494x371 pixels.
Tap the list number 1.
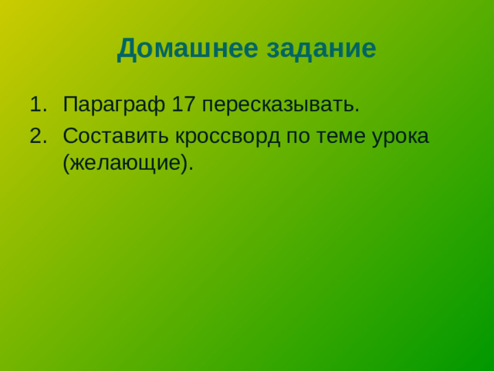pos(36,104)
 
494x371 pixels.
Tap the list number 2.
pos(36,135)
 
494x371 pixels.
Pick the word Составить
pos(114,135)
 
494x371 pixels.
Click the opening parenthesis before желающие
pos(66,163)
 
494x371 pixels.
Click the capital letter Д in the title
pos(127,49)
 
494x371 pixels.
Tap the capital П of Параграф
pos(70,104)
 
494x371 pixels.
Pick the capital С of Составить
pos(70,135)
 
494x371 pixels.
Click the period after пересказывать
pos(357,110)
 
